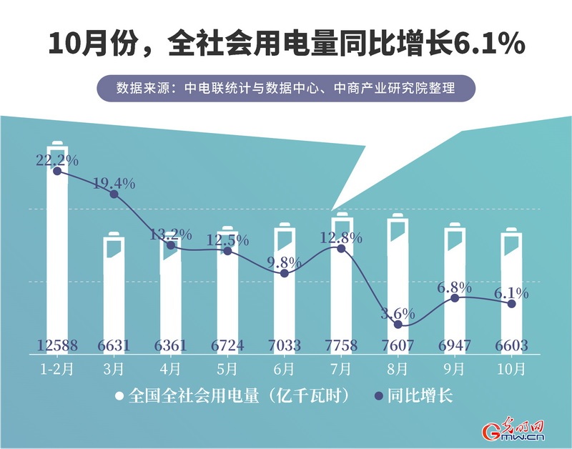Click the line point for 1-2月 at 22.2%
(x=57, y=171)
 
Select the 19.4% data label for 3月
(x=114, y=183)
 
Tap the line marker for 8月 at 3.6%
(x=398, y=325)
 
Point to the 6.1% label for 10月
(x=511, y=292)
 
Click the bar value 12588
(x=57, y=347)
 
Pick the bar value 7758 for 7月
(x=341, y=347)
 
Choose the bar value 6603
(x=511, y=347)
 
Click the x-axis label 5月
(x=227, y=370)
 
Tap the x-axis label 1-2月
(x=57, y=370)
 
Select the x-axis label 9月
(x=455, y=370)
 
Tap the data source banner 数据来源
(x=286, y=89)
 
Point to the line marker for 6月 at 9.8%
(x=285, y=273)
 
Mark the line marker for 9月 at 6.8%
(x=455, y=297)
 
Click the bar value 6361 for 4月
(x=171, y=347)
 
